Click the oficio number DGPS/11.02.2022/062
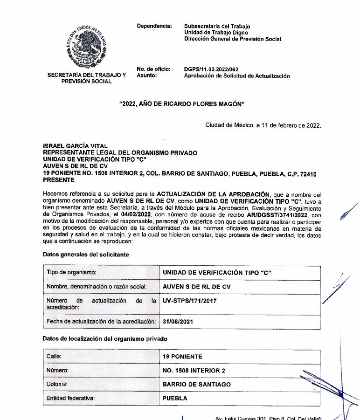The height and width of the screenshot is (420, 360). (x=211, y=69)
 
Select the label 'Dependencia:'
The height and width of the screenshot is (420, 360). (x=154, y=26)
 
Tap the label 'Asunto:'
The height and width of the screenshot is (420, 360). (x=147, y=76)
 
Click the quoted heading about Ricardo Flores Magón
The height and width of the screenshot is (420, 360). (x=182, y=104)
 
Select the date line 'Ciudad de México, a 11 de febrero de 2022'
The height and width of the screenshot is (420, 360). (x=263, y=125)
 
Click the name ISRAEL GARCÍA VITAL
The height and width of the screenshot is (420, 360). (x=75, y=146)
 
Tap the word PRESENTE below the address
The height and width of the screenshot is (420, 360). (x=59, y=180)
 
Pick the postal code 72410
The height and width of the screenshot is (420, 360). (x=307, y=174)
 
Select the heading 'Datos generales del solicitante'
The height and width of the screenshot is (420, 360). (x=86, y=255)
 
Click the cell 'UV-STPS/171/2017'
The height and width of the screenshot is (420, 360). (x=189, y=301)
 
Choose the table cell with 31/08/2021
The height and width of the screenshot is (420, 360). (x=178, y=322)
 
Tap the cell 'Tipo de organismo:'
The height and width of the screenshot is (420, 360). (x=71, y=272)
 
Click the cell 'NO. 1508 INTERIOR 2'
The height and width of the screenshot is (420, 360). (x=194, y=371)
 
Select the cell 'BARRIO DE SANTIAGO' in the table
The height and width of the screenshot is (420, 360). (x=196, y=385)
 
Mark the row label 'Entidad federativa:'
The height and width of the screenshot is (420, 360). (x=70, y=399)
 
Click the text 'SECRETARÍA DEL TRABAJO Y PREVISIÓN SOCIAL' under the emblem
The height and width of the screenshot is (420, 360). (x=87, y=78)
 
